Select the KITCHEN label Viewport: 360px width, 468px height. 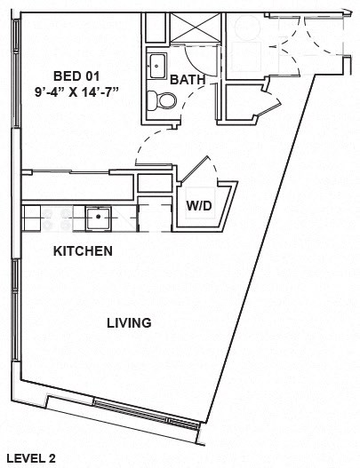[83, 251]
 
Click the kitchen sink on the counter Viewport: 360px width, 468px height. [100, 216]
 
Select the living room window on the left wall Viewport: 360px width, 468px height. [12, 311]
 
